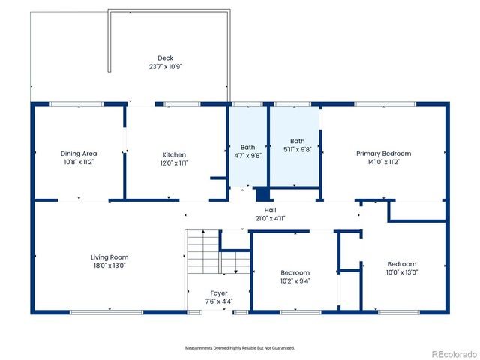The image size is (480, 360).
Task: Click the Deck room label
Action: pos(165,58)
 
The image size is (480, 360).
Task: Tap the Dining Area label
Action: pos(78,154)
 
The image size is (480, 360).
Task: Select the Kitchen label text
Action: pos(174,155)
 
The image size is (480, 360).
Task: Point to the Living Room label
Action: pos(109,257)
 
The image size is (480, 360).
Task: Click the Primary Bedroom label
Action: pos(383,154)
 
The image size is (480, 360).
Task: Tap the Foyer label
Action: pos(219,293)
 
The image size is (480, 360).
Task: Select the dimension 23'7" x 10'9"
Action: pos(165,66)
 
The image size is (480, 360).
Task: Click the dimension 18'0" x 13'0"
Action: pos(109,265)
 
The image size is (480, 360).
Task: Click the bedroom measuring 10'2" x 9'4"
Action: pos(295,276)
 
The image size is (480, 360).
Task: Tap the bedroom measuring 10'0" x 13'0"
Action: pos(402,268)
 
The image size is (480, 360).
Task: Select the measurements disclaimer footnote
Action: pos(240,347)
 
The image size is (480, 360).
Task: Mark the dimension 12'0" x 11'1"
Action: pos(174,163)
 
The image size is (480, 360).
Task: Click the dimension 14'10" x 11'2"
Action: pos(383,161)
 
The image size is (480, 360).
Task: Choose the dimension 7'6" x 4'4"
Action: pos(219,301)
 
